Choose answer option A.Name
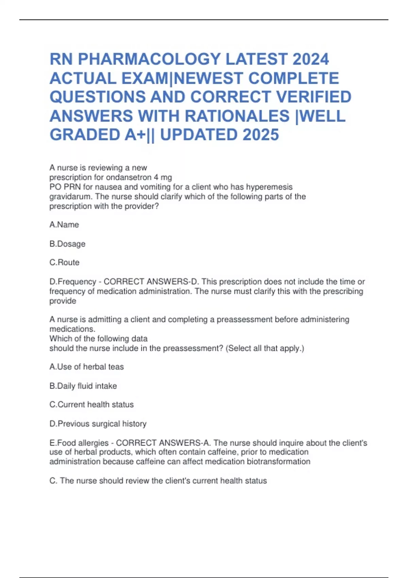(64, 225)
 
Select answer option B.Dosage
(67, 244)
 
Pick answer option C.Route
(65, 262)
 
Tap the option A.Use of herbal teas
(87, 367)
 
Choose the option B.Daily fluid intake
(83, 386)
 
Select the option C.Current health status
(92, 405)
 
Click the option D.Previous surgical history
(98, 424)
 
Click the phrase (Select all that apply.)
(265, 348)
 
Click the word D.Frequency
(73, 282)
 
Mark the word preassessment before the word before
(244, 320)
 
